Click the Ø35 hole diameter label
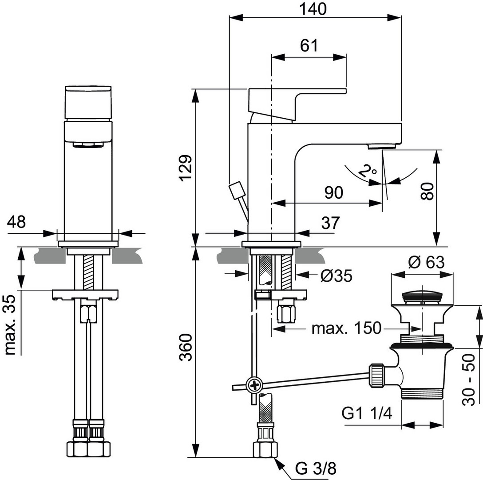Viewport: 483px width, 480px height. [x=336, y=276]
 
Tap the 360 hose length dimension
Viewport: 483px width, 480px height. [x=186, y=348]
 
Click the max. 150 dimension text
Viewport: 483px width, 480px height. [x=346, y=328]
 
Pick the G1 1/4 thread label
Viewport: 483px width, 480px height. [x=367, y=414]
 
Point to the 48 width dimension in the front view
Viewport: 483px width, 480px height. [x=16, y=222]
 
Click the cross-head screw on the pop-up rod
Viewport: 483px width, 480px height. [x=254, y=385]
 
